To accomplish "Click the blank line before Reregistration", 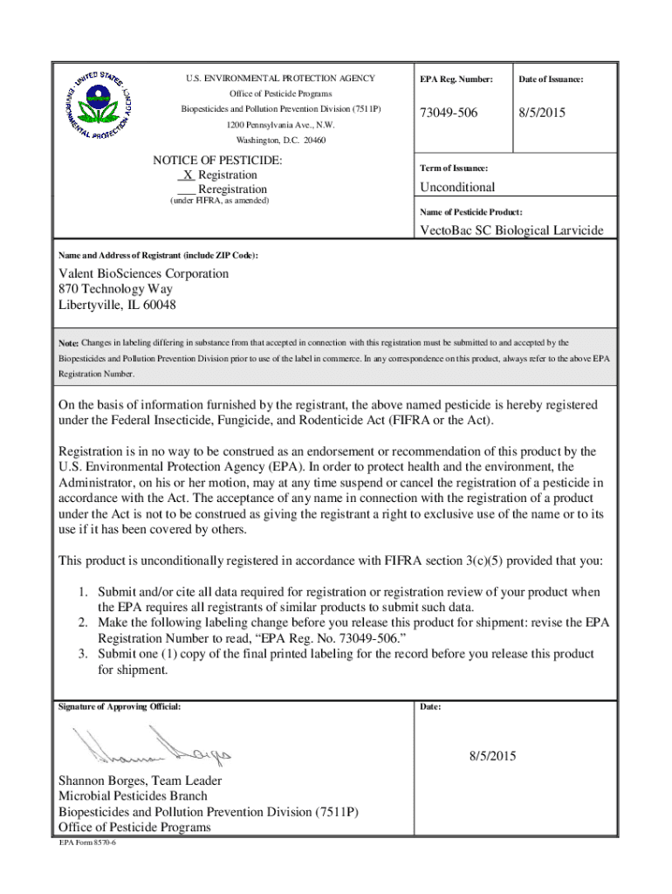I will point(186,190).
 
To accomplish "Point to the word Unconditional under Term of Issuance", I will point(457,187).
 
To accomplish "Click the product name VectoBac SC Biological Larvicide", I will point(511,230).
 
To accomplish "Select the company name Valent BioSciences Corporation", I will point(143,273).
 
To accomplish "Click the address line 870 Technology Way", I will point(115,289).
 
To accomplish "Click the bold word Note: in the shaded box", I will point(69,343).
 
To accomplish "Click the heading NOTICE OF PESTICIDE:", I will point(217,161).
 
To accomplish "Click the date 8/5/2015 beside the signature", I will point(491,756).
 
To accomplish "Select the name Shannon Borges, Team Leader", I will point(140,781).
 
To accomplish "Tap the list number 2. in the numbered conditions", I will point(83,622).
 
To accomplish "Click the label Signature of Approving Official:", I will point(120,706).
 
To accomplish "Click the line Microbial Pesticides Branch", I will point(133,796).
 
